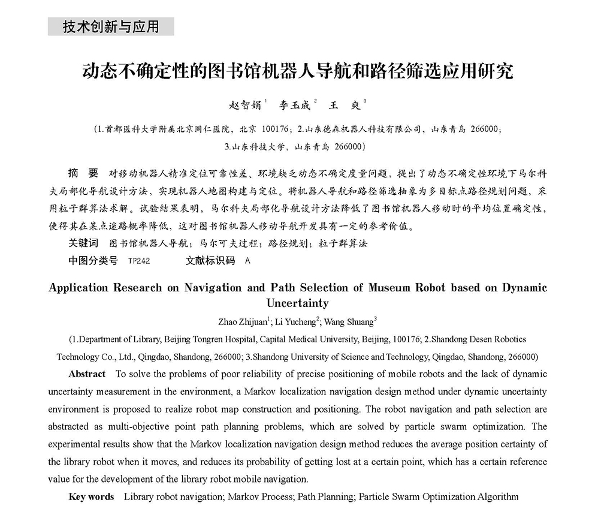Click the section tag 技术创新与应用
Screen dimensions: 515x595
point(111,27)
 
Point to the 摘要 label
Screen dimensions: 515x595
point(83,174)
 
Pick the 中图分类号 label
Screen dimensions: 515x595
point(93,261)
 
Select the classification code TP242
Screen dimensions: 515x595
point(139,261)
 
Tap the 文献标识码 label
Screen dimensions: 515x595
point(210,261)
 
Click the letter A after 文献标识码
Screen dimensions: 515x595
point(248,261)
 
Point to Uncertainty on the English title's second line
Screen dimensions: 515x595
point(297,303)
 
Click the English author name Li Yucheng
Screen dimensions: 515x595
point(295,321)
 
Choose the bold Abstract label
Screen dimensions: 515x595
point(87,374)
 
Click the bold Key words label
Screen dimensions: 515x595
point(91,496)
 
